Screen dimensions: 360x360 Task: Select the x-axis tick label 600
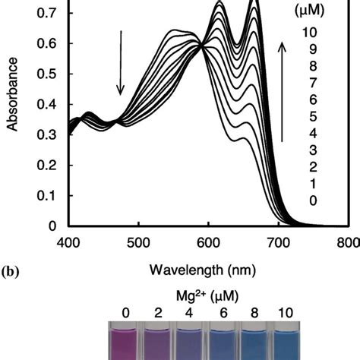208,242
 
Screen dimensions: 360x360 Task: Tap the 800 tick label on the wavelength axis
347,242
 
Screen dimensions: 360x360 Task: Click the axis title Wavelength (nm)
208,267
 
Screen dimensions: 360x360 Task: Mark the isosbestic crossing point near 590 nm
202,46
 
